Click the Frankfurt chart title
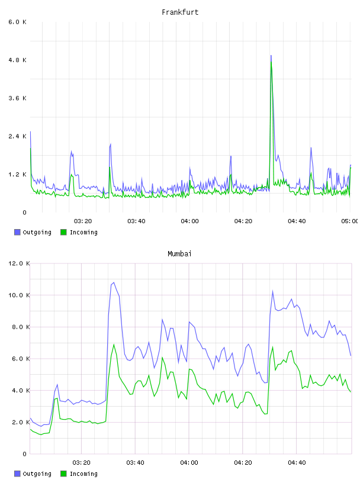point(180,12)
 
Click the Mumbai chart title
point(179,254)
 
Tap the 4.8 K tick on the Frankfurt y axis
point(18,60)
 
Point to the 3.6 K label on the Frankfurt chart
point(18,98)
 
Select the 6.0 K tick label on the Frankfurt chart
point(18,22)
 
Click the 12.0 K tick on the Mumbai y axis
point(19,263)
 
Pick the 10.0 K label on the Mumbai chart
point(19,295)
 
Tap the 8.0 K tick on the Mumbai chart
point(21,327)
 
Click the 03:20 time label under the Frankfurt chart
point(83,221)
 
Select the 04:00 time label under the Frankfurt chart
point(190,221)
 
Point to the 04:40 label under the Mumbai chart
point(297,463)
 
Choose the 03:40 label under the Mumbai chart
point(136,463)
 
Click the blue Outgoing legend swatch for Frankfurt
point(17,232)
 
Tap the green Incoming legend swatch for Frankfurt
point(63,232)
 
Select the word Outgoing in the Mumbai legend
point(37,474)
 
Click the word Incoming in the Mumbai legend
point(83,474)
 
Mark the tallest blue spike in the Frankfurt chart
point(271,56)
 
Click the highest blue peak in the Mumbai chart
point(114,282)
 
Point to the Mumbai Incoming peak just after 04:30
point(272,347)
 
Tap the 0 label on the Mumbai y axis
point(25,454)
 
